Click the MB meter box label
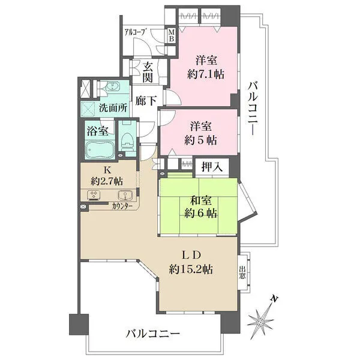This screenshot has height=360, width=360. coord(172,35)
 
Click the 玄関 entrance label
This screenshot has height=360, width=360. coord(148,73)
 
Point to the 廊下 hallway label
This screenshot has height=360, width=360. coord(146,101)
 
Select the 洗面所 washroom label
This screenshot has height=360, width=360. coord(113,108)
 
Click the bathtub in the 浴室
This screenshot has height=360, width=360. coord(100,149)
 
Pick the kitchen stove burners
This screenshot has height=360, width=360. coord(94,195)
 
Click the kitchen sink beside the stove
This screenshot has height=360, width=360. coord(125,195)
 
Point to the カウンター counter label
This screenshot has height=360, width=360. coord(122,206)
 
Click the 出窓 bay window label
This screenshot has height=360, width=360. coord(242,272)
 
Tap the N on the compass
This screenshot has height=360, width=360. coord(274,299)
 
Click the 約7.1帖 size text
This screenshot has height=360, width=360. coord(206,74)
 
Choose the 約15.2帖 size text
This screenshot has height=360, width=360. coord(191,269)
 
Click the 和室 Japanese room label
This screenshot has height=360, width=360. coord(201,200)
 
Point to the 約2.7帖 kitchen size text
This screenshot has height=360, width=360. coord(107,182)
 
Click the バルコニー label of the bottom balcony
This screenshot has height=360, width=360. coord(152,334)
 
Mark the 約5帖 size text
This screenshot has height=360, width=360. coord(200,140)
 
